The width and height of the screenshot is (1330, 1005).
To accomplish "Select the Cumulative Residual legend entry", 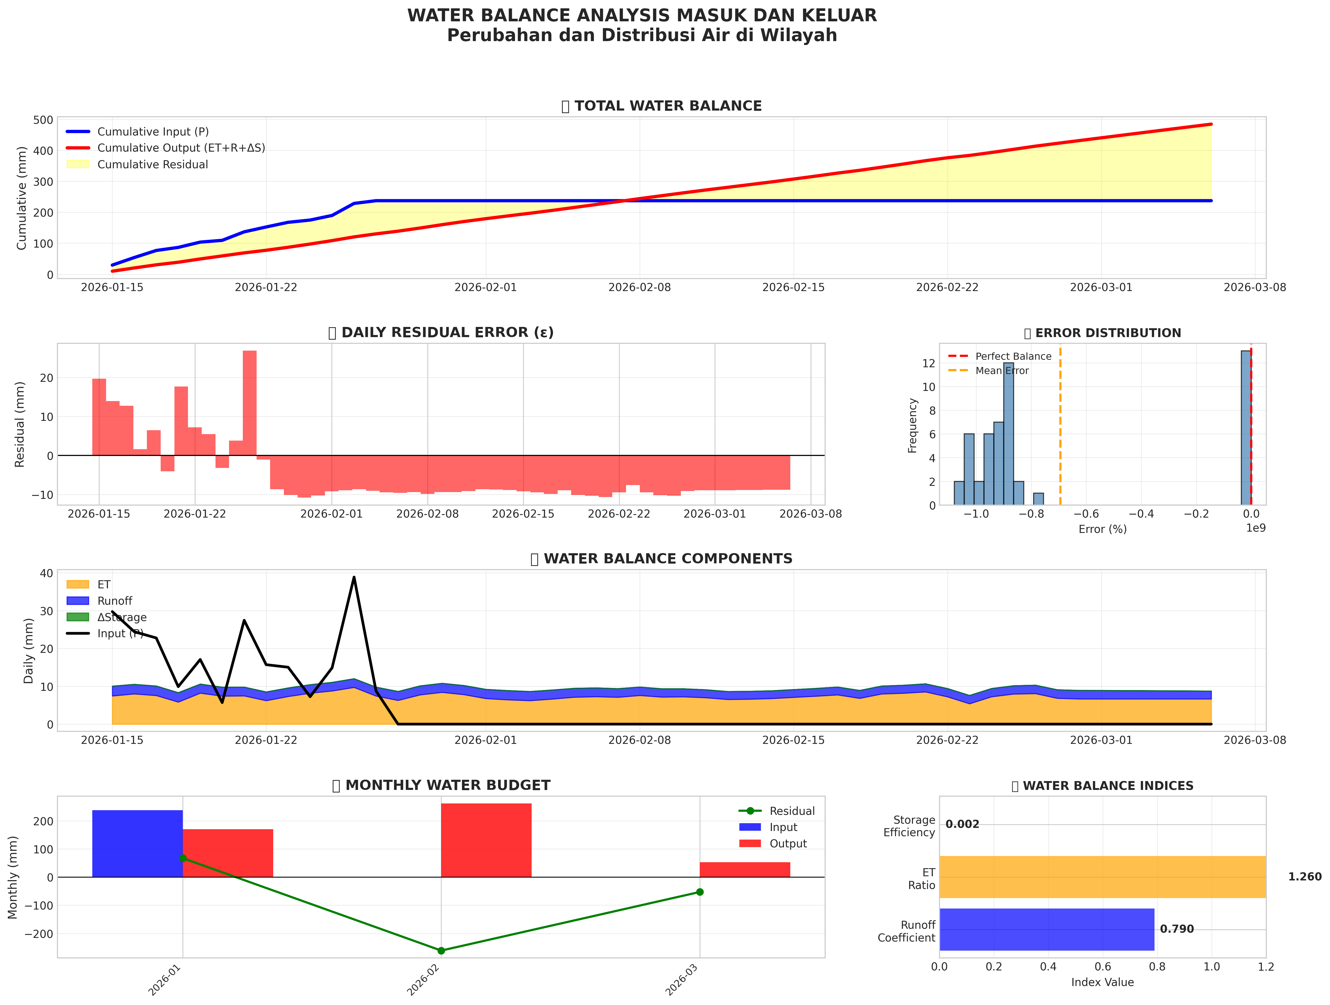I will [152, 164].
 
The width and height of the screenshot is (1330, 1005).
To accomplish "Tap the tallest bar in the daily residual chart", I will [250, 403].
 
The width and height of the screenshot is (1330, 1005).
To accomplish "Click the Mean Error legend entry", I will [1002, 370].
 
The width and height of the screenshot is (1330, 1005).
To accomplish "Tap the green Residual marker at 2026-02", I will [441, 950].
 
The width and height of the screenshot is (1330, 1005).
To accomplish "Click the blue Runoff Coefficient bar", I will [1046, 929].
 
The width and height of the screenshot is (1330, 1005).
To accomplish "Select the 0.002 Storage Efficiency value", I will [962, 824].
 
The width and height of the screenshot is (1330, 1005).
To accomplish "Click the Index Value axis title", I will [1102, 982].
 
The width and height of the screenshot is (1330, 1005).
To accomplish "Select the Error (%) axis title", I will [1102, 529].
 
